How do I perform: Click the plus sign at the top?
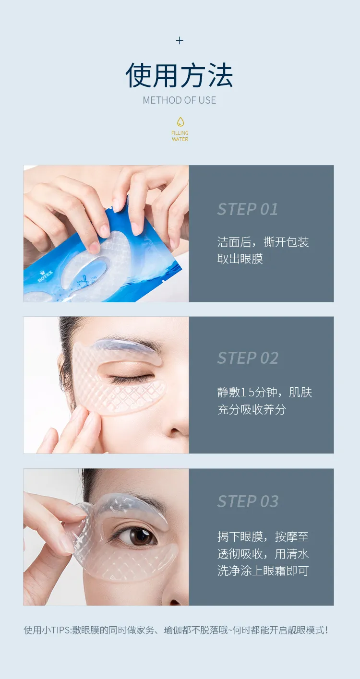point(180,40)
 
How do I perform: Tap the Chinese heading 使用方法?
point(179,75)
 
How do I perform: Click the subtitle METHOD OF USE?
point(179,100)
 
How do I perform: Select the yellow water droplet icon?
point(180,122)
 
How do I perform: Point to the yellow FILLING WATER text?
point(180,136)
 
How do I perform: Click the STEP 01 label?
point(248,209)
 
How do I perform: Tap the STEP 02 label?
point(248,358)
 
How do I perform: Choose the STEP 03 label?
point(248,501)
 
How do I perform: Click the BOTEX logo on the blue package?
point(46,276)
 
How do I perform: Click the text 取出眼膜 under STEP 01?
point(240,259)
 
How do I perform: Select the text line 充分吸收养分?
point(252,409)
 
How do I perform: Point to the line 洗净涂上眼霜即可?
point(263,571)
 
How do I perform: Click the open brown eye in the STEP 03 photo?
point(138,536)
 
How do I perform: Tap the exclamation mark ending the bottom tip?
point(326,631)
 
